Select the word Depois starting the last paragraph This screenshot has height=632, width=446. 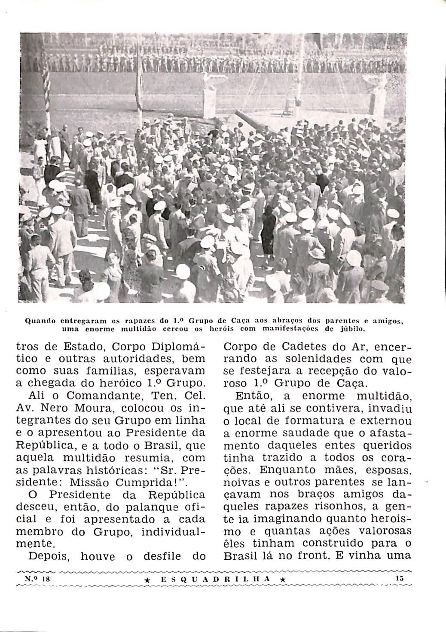pos(48,556)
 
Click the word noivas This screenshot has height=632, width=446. pos(244,482)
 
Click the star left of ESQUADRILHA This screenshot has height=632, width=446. pos(147,580)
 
